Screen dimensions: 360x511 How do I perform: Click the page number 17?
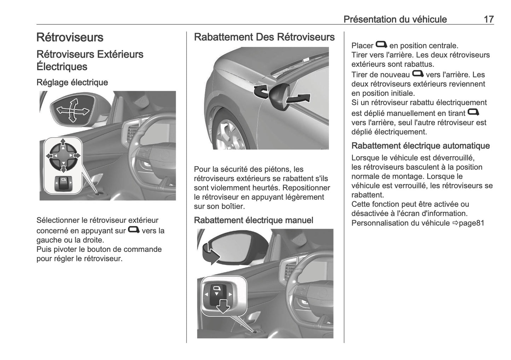pos(488,19)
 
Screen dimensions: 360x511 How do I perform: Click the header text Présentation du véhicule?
pos(395,19)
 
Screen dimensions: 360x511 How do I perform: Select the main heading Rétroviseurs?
pos(70,37)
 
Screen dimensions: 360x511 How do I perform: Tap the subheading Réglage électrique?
pos(72,82)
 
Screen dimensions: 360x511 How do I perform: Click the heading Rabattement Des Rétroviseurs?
pos(264,37)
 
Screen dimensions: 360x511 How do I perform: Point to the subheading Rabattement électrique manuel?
pos(254,220)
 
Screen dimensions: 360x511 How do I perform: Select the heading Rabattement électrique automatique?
pos(420,146)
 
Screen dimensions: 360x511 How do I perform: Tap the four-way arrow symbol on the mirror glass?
pos(72,111)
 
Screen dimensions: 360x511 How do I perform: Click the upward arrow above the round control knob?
pos(63,142)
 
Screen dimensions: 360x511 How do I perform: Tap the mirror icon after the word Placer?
pos(381,45)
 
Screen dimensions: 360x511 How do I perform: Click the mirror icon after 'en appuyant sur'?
pos(133,230)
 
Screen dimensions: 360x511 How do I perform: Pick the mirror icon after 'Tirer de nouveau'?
pos(418,74)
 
